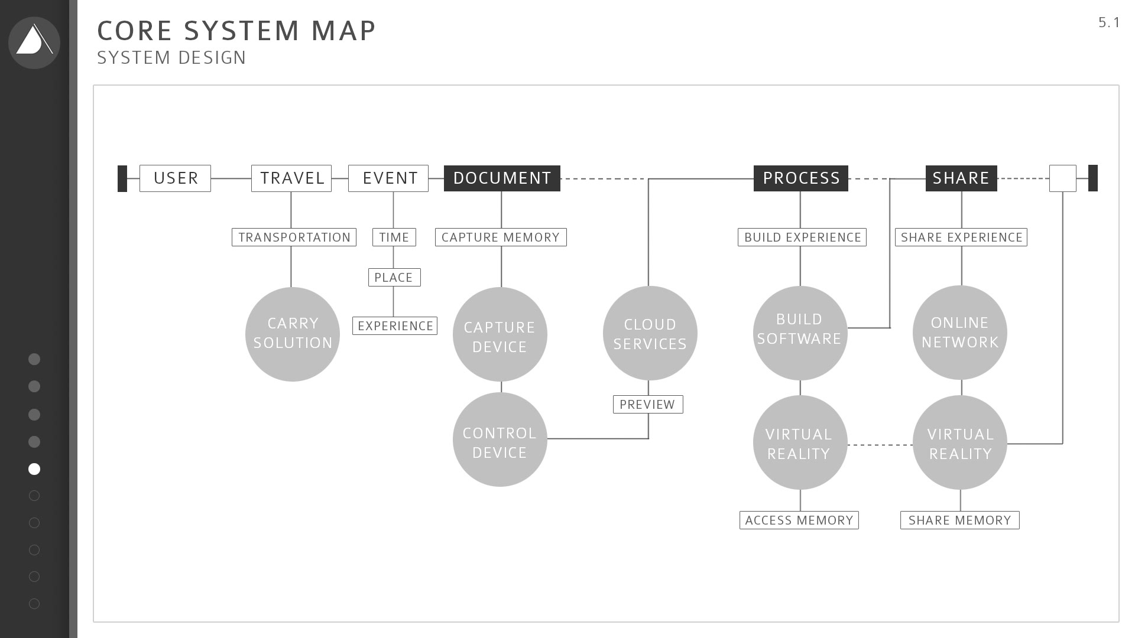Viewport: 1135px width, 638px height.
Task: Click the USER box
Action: coord(175,178)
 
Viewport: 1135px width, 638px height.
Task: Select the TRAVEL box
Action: coord(291,178)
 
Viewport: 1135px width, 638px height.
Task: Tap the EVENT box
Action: coord(388,178)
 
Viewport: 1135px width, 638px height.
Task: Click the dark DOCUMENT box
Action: coord(502,178)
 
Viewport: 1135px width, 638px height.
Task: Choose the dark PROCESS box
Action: coord(801,178)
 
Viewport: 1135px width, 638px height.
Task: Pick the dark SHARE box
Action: coord(961,178)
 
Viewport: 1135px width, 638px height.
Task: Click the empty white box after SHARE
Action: coord(1063,178)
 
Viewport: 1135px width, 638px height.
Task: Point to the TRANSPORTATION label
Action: coord(294,237)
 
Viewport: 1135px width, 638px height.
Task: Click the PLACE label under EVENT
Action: coord(394,277)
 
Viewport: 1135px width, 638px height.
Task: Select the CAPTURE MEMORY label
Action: coord(501,237)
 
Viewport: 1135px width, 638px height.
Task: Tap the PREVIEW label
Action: coord(648,405)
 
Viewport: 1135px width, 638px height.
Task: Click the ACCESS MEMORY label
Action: coord(799,520)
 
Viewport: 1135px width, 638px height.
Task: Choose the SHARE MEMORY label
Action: coord(960,520)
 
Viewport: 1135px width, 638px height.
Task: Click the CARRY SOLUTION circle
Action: coord(293,334)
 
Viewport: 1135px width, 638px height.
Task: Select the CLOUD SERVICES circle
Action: coord(650,333)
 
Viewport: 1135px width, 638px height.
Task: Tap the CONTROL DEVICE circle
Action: coord(500,440)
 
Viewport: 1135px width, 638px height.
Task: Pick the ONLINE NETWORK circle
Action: coord(960,333)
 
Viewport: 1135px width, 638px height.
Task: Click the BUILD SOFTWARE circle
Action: coord(800,333)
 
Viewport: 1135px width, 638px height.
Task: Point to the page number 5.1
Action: coord(1109,22)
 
